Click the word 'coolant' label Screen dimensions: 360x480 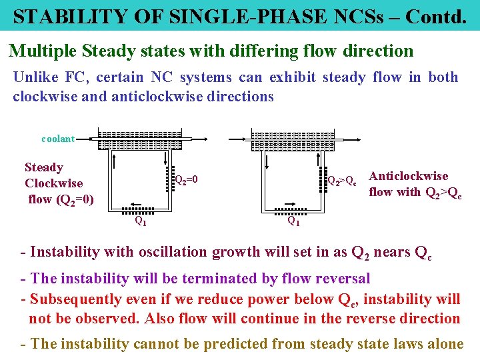(58, 139)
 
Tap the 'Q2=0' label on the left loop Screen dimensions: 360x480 (186, 179)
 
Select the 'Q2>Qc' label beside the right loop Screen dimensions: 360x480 (342, 180)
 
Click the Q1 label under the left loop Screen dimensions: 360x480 (141, 221)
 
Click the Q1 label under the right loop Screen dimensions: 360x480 (293, 221)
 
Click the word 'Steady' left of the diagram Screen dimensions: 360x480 (44, 167)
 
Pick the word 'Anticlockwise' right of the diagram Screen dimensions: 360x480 (408, 176)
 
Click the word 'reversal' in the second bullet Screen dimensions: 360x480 (341, 278)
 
